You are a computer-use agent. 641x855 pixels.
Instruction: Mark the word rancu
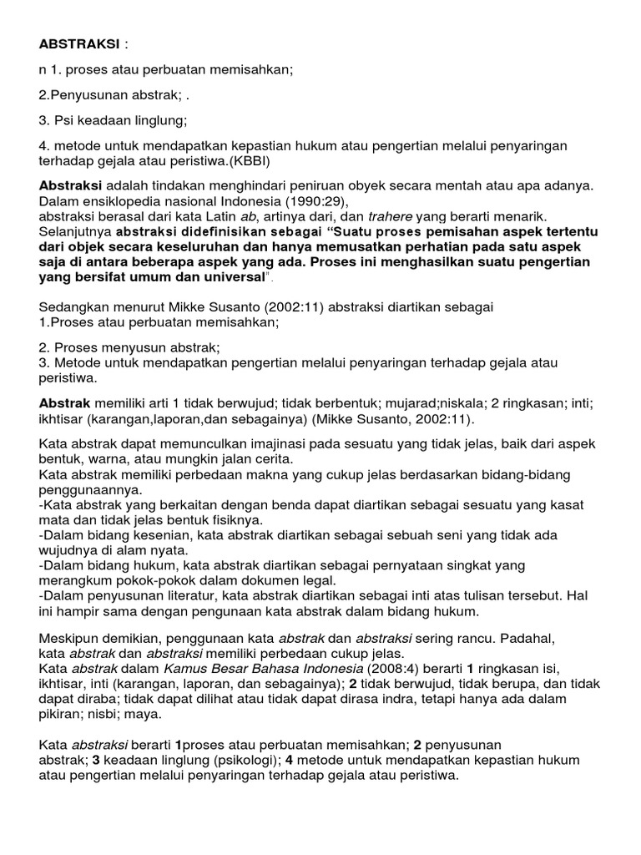tap(476, 638)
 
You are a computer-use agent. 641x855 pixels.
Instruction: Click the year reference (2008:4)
tap(396, 669)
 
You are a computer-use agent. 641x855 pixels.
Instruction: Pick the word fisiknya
tap(237, 519)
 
